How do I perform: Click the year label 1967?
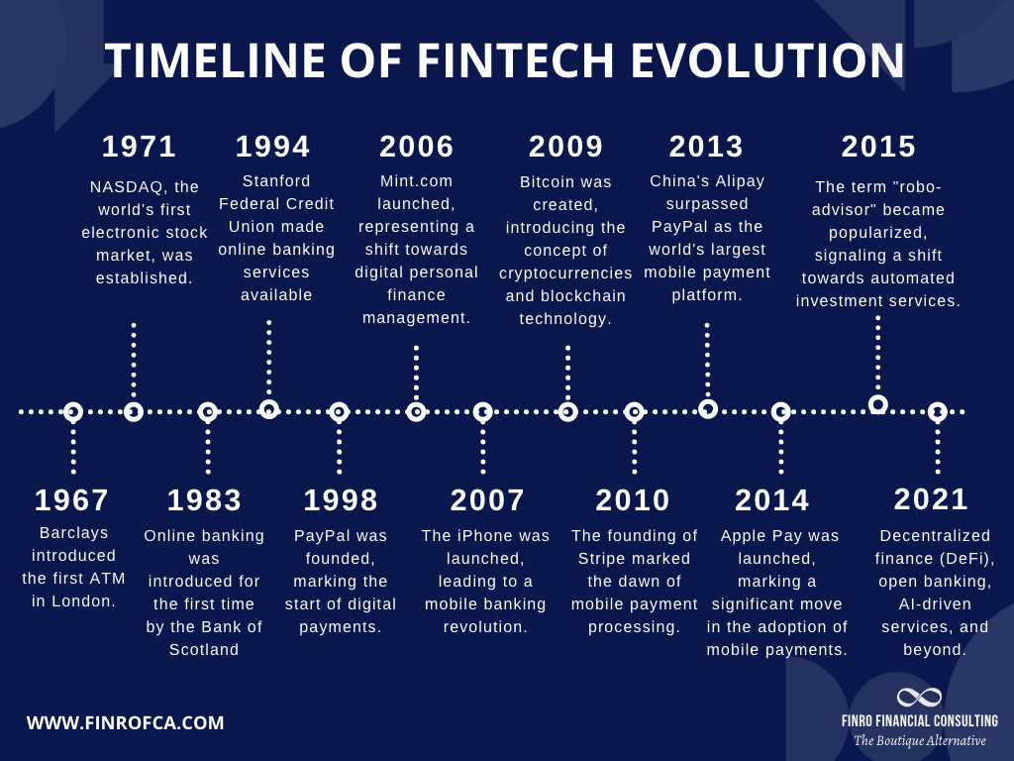(71, 500)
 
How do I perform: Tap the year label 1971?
(140, 147)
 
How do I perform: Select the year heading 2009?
(566, 147)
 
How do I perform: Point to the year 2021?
(931, 499)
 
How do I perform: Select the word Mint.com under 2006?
(417, 181)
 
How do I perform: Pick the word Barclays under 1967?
(74, 533)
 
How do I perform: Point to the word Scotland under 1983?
(205, 650)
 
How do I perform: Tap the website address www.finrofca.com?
(126, 723)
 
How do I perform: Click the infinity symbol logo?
(920, 698)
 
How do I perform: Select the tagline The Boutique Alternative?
(920, 741)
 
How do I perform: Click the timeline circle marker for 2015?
(878, 404)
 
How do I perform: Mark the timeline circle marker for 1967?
(73, 411)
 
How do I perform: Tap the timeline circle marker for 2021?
(937, 411)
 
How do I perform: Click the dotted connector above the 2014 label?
(781, 447)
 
